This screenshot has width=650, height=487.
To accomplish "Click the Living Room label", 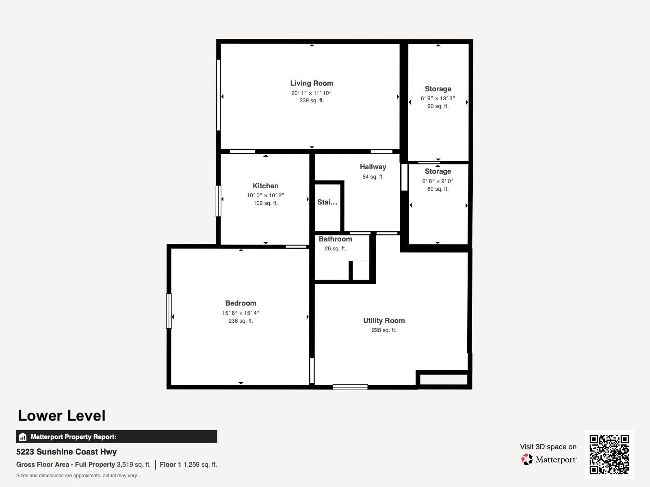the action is click(312, 83).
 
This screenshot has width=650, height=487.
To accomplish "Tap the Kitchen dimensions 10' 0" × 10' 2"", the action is click(265, 195).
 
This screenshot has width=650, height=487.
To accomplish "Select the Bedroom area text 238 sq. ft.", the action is click(240, 321).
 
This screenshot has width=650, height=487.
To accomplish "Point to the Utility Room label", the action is click(384, 321).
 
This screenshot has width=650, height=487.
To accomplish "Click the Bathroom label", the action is click(335, 239).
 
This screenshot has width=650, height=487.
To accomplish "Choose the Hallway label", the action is click(373, 167).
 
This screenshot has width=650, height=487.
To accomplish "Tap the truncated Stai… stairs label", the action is click(327, 202).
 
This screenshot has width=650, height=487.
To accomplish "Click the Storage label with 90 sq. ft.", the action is click(438, 89).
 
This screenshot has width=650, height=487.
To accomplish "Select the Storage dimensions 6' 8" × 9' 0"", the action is click(438, 181).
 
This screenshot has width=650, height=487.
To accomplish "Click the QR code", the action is click(609, 454).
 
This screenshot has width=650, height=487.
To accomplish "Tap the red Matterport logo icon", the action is click(527, 459).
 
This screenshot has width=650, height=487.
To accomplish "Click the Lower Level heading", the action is click(62, 416).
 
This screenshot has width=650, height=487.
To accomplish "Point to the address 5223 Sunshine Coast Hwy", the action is click(66, 452).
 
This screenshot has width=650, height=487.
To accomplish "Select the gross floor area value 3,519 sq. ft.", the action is click(134, 465).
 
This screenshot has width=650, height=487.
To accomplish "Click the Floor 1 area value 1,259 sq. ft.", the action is click(200, 465).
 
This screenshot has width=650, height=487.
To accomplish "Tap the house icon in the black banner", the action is click(23, 437).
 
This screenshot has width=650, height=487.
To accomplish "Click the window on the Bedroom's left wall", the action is click(169, 311).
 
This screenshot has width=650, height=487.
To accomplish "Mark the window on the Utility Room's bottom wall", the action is click(350, 387).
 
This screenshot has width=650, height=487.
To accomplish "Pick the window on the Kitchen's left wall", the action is click(218, 201).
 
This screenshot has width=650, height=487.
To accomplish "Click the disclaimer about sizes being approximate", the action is click(76, 476).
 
